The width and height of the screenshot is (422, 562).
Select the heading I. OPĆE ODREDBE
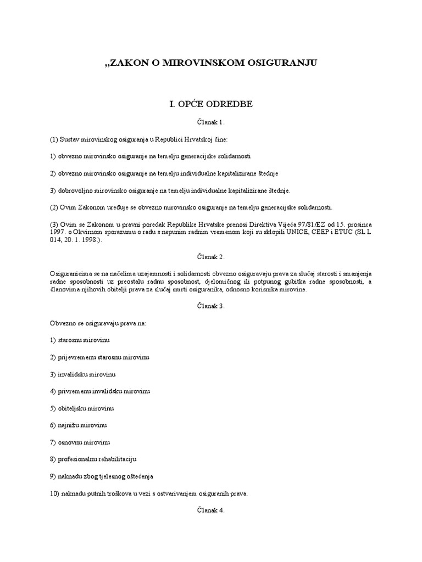(210, 104)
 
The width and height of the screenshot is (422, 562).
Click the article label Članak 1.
(210, 123)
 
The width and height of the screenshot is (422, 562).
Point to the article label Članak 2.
(210, 256)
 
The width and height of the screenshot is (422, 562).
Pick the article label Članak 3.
(210, 306)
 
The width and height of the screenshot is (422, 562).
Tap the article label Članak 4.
(210, 510)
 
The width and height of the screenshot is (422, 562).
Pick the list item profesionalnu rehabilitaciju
(97, 459)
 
